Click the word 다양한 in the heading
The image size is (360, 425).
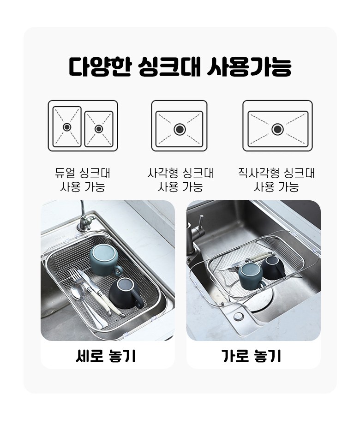[x=100, y=66]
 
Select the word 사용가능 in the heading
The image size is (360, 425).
[x=249, y=66]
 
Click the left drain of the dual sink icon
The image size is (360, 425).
[x=67, y=127]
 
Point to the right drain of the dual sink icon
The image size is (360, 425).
[x=99, y=129]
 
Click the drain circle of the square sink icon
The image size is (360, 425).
[x=180, y=129]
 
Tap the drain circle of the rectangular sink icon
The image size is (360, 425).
[x=277, y=129]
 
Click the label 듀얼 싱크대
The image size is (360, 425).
[x=83, y=173]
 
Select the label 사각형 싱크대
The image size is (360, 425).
[x=180, y=173]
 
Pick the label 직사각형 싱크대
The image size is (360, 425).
[x=276, y=173]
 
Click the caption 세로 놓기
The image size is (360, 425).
[x=106, y=356]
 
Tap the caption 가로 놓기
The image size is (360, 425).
[x=251, y=356]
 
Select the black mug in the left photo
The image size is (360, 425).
[x=126, y=293]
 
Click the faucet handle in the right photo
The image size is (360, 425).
[x=201, y=222]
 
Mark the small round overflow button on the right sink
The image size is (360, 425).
[x=238, y=316]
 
